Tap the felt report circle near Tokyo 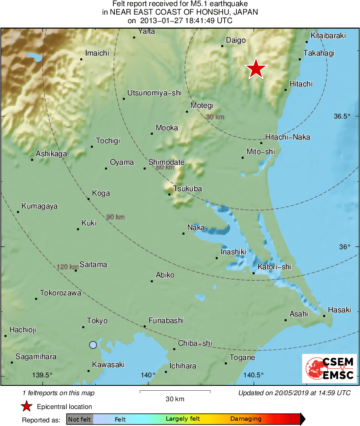(x=93, y=345)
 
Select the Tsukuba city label (x=187, y=189)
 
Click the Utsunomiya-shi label (x=154, y=93)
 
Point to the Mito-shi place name (x=260, y=152)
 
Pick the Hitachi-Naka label (x=287, y=137)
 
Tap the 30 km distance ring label (x=215, y=117)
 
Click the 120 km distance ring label (x=67, y=267)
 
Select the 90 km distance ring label (x=115, y=217)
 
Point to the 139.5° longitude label (x=43, y=375)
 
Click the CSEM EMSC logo (x=329, y=368)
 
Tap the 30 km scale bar (x=175, y=392)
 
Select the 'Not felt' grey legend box (x=80, y=419)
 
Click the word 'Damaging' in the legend (x=246, y=419)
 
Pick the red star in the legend (x=26, y=407)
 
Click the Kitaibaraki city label (x=328, y=36)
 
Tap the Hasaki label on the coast (x=339, y=310)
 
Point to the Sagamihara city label (x=36, y=357)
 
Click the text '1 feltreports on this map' (x=59, y=393)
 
